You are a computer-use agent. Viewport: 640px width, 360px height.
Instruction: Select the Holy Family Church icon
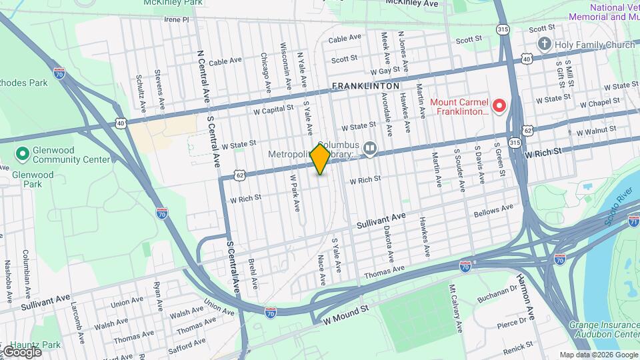pyautogui.click(x=545, y=45)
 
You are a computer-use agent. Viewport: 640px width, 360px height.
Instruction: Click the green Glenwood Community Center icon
pyautogui.click(x=22, y=155)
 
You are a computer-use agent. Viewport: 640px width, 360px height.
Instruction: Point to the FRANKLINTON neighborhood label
pyautogui.click(x=366, y=86)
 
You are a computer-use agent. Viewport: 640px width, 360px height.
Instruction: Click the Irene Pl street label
pyautogui.click(x=177, y=20)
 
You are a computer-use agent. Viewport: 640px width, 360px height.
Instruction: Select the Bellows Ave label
pyautogui.click(x=493, y=211)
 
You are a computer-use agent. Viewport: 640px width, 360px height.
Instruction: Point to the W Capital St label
pyautogui.click(x=274, y=108)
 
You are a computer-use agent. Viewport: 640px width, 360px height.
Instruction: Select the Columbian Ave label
pyautogui.click(x=27, y=265)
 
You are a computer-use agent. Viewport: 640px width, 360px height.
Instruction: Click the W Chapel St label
pyautogui.click(x=600, y=104)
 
